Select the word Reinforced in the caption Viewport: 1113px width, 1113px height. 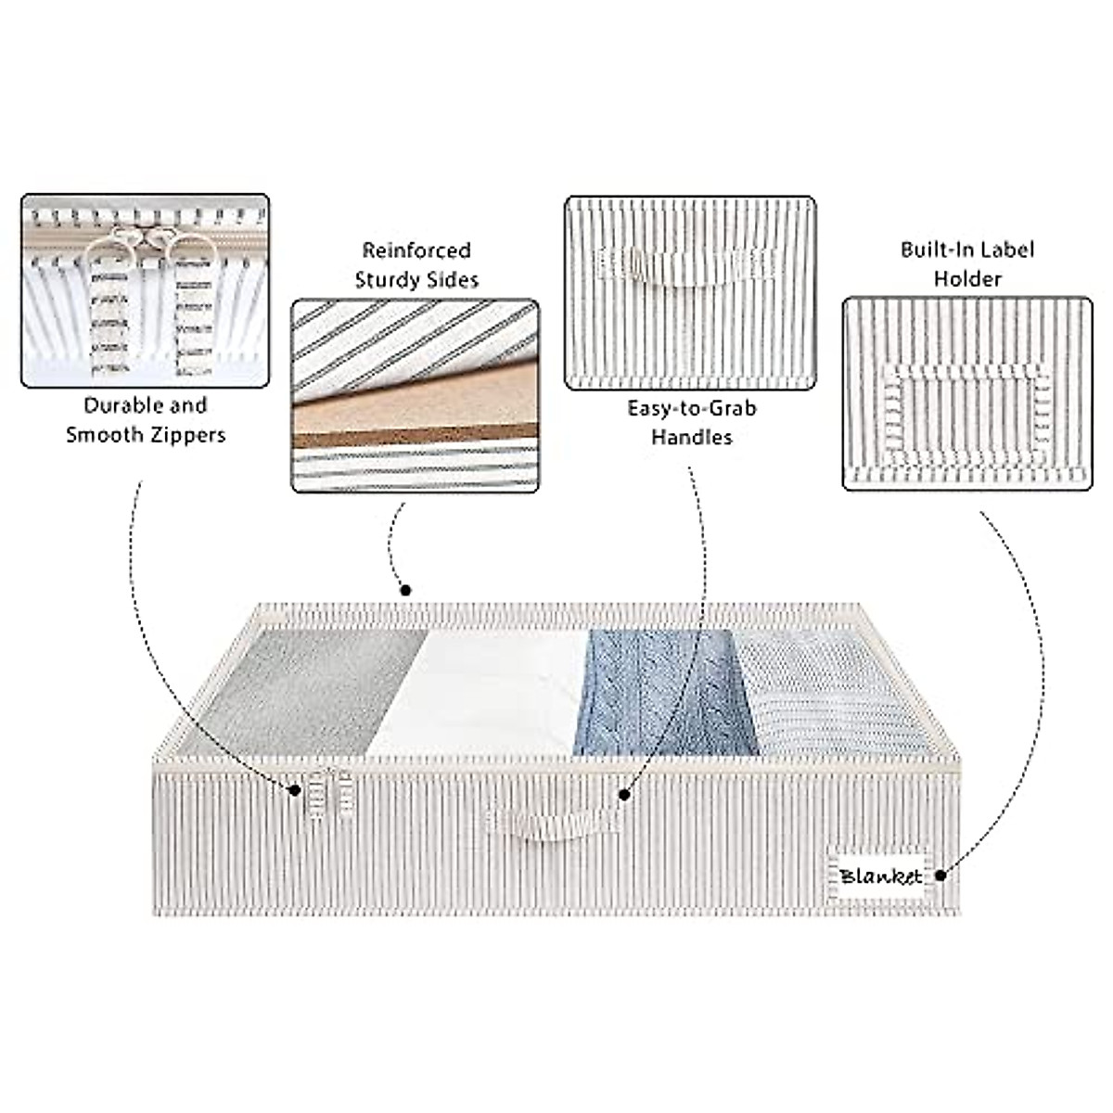point(416,250)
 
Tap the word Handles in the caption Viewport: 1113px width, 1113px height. point(691,437)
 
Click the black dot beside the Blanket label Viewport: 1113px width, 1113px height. point(940,874)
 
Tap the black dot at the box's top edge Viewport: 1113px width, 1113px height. point(404,589)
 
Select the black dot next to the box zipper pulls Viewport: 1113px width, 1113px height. point(294,790)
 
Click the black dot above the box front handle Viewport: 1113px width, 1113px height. point(624,794)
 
